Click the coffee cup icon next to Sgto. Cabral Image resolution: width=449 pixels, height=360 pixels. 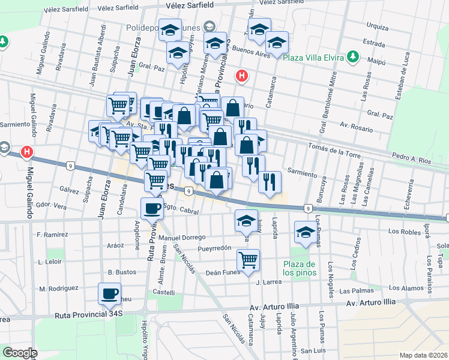point(151,209)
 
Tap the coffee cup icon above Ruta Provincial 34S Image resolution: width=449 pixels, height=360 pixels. point(109,294)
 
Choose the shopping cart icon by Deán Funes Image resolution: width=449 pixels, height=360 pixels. point(248,260)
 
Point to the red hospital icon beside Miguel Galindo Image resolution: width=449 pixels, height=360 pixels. point(26,152)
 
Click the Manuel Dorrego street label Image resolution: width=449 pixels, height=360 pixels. point(186,238)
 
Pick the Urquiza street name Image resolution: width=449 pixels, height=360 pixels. point(377,26)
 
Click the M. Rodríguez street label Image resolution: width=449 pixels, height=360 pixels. point(59,289)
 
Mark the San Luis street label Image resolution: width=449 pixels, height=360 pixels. point(313,350)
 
